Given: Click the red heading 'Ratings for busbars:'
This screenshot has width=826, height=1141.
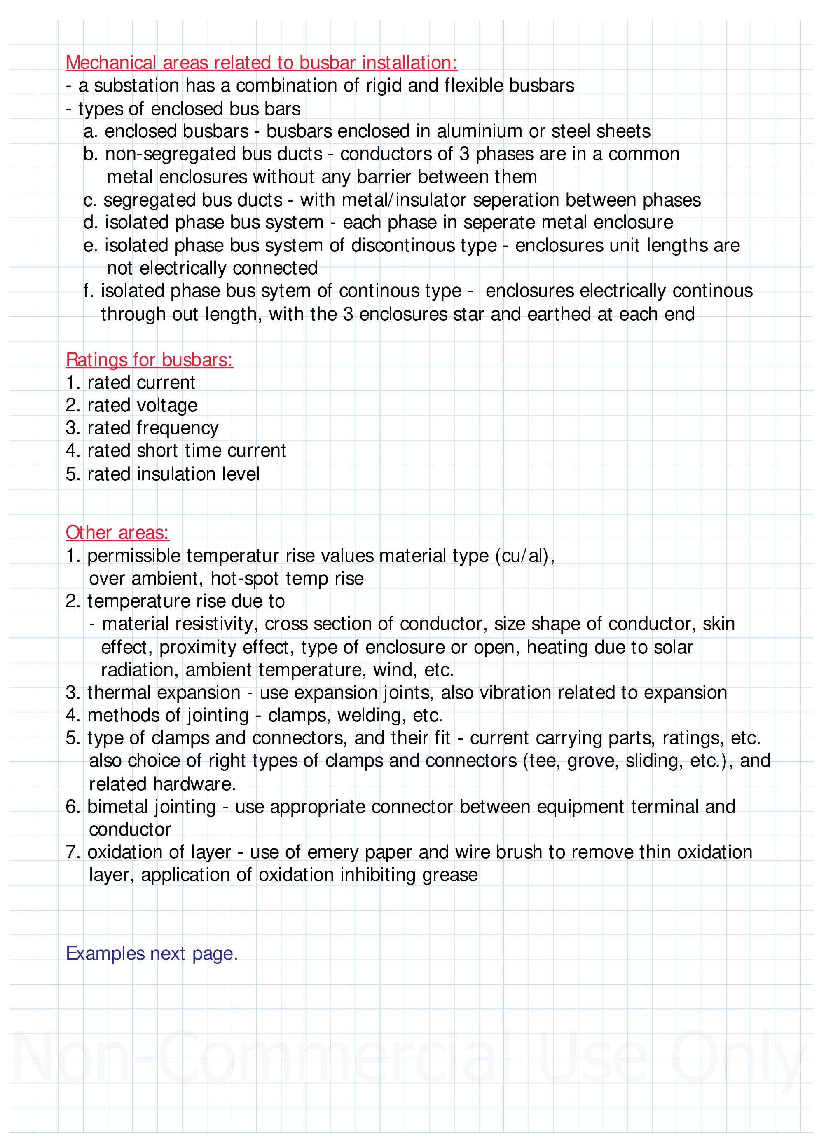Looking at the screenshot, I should click(149, 360).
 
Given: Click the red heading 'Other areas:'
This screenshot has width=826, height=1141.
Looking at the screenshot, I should click(117, 533).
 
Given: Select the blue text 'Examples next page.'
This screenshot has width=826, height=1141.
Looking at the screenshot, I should click(151, 953).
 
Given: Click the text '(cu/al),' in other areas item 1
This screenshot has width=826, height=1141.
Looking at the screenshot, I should click(524, 556).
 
